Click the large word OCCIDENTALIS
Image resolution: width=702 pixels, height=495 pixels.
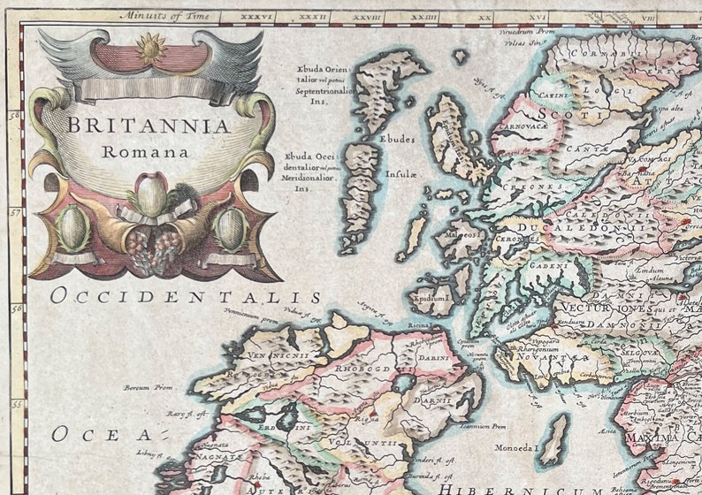[x=186, y=296]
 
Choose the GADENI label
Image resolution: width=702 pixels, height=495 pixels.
[x=549, y=264]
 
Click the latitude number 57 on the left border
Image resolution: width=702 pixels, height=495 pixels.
[x=15, y=212]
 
